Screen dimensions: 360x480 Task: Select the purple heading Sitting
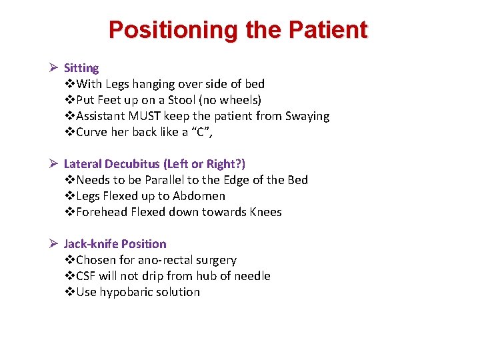coord(81,68)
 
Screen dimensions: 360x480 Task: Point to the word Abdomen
coord(199,196)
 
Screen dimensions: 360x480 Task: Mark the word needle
coord(251,276)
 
